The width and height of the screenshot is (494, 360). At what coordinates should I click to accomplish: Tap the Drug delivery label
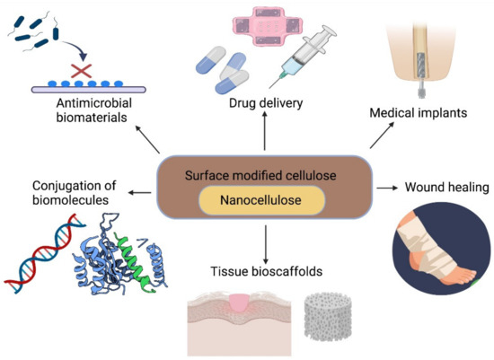[x=266, y=103]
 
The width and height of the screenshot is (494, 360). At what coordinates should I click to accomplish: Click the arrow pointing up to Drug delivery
[x=264, y=135]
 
